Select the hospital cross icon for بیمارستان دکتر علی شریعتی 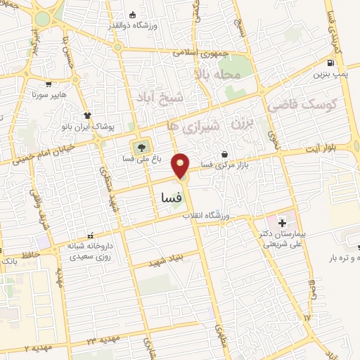tap(283, 223)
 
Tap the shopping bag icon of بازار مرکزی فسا tap(224, 154)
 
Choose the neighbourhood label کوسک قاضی tap(303, 105)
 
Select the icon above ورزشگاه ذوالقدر tap(133, 15)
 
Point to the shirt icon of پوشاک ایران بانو tap(87, 116)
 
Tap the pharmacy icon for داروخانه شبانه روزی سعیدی tap(89, 236)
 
